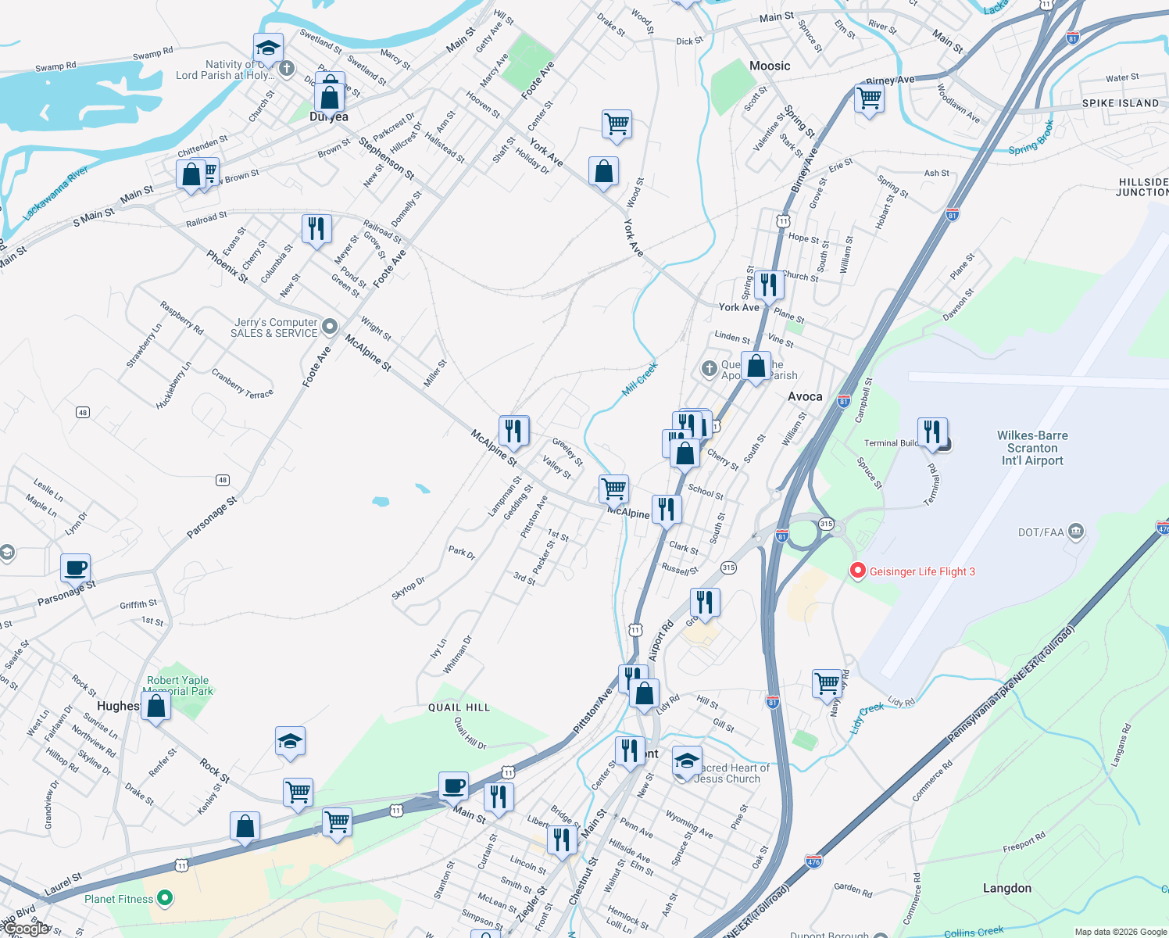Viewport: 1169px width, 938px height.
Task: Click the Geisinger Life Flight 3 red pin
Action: [x=857, y=571]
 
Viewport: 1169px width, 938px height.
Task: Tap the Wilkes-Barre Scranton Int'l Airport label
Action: [x=1032, y=448]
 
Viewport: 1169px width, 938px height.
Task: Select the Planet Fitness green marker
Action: [x=164, y=898]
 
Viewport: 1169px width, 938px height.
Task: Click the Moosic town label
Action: [x=770, y=66]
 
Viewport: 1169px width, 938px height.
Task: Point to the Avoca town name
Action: [x=805, y=396]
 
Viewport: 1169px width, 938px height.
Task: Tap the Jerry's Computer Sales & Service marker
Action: [x=330, y=326]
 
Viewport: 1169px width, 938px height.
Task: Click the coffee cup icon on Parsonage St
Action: [x=76, y=568]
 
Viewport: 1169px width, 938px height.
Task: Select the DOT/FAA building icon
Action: [x=1075, y=532]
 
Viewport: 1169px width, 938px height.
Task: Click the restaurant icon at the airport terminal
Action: [x=932, y=431]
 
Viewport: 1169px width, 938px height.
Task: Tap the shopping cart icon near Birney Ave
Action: [x=869, y=99]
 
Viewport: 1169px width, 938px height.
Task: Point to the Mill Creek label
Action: [x=640, y=379]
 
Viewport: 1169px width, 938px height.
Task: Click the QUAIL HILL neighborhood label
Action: [x=459, y=707]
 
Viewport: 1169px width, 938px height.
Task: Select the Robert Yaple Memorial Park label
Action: [x=179, y=686]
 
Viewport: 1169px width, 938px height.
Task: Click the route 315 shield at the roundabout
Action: [x=826, y=524]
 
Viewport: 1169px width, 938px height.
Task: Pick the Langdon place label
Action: [x=1006, y=888]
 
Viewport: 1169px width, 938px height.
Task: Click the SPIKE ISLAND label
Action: [x=1120, y=103]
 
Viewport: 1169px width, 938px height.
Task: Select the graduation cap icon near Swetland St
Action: [x=268, y=48]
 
